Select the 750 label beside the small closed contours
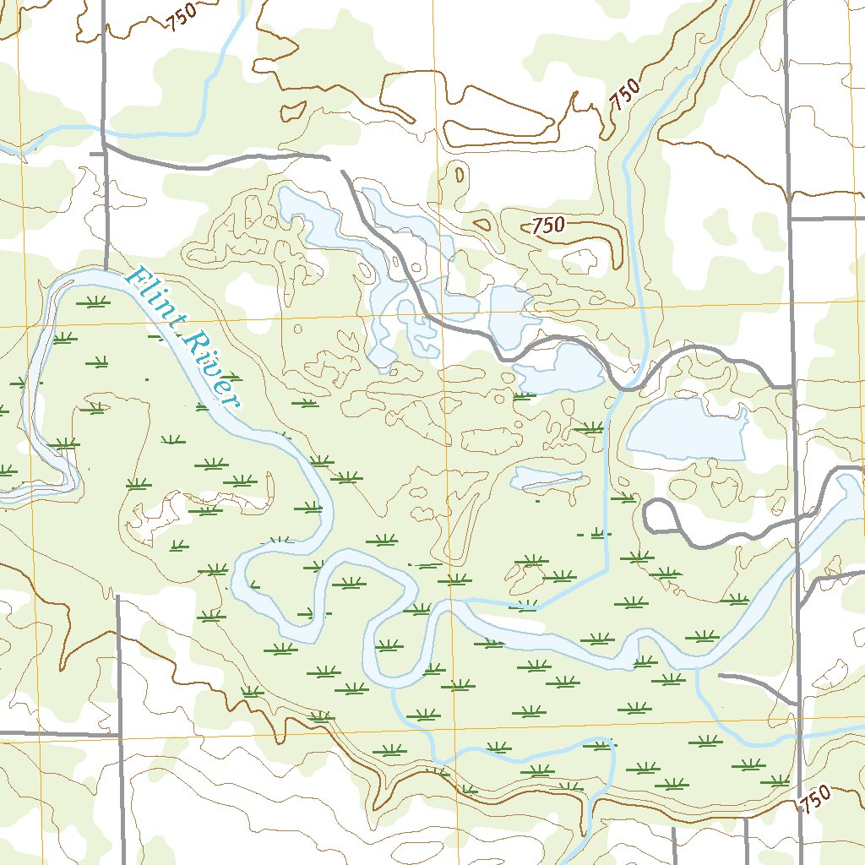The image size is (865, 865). point(547,226)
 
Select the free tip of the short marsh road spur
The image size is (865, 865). point(720,675)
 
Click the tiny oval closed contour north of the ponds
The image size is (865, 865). point(459,175)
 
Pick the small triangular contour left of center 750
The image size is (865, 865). point(483,226)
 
